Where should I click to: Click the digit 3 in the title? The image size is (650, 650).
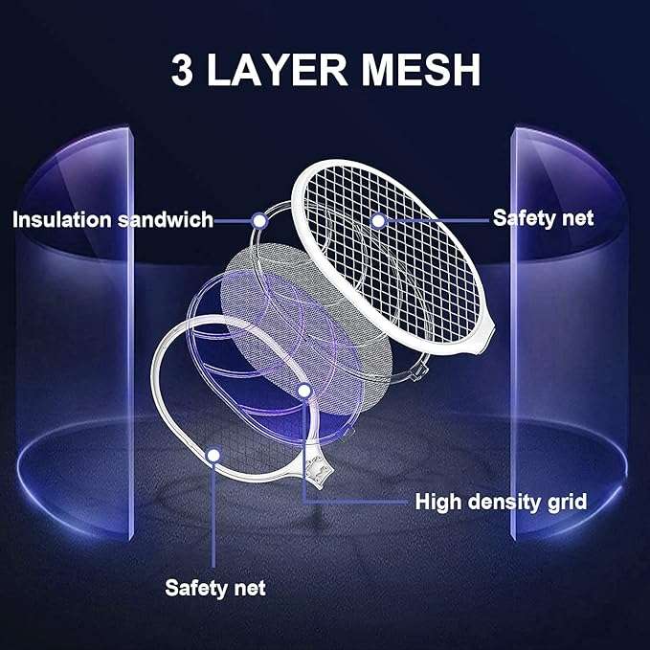point(183,70)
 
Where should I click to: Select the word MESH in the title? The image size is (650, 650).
point(421,70)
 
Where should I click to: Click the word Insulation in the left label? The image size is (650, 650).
point(62,219)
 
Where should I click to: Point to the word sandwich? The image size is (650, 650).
point(166,219)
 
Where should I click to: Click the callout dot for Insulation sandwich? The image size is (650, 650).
point(259,221)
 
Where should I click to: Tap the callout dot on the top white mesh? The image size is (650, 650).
point(377,220)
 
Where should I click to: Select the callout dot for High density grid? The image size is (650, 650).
point(304,391)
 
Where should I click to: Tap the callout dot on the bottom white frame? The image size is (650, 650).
point(213,456)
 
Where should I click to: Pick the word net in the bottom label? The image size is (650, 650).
point(249,589)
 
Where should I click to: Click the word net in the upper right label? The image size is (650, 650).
point(577,219)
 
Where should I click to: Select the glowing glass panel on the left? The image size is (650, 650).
point(75,331)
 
